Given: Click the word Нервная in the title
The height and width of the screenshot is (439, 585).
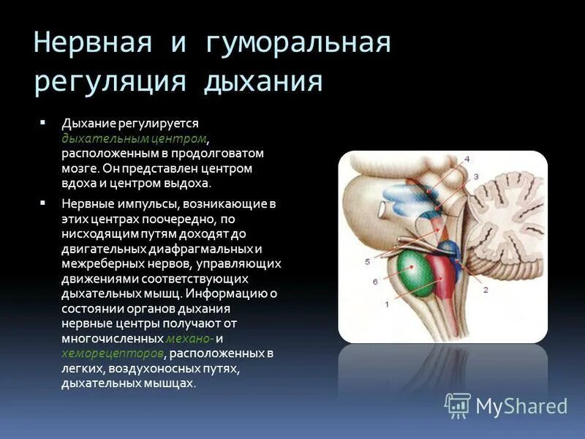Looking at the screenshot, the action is [93, 42].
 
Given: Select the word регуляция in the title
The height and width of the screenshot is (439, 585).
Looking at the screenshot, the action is [110, 83].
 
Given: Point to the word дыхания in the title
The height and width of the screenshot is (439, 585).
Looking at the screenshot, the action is [263, 81].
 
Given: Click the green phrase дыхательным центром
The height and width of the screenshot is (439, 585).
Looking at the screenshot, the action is [134, 138].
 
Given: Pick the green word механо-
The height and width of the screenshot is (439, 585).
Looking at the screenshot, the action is [189, 338].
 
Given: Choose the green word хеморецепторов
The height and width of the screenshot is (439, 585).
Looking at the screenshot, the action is [113, 353].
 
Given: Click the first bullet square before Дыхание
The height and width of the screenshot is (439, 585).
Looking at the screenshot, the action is [42, 122].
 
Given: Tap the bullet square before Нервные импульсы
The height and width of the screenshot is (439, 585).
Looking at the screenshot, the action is [42, 203].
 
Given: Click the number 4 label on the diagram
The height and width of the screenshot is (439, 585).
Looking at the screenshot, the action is [467, 160].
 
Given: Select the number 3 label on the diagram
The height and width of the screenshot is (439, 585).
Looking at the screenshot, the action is [476, 176].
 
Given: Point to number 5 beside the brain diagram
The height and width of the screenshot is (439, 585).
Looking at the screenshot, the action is [367, 262].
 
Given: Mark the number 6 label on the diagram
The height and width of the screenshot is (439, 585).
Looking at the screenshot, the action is [375, 282].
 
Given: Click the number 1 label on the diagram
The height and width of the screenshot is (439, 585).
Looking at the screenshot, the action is [388, 304].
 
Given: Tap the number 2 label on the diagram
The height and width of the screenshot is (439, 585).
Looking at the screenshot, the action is [486, 289].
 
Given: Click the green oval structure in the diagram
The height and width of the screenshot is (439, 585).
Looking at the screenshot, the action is [415, 274].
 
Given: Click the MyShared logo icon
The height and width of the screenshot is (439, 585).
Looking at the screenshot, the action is [458, 406].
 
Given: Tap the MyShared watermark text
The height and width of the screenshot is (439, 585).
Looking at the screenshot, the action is [521, 407].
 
